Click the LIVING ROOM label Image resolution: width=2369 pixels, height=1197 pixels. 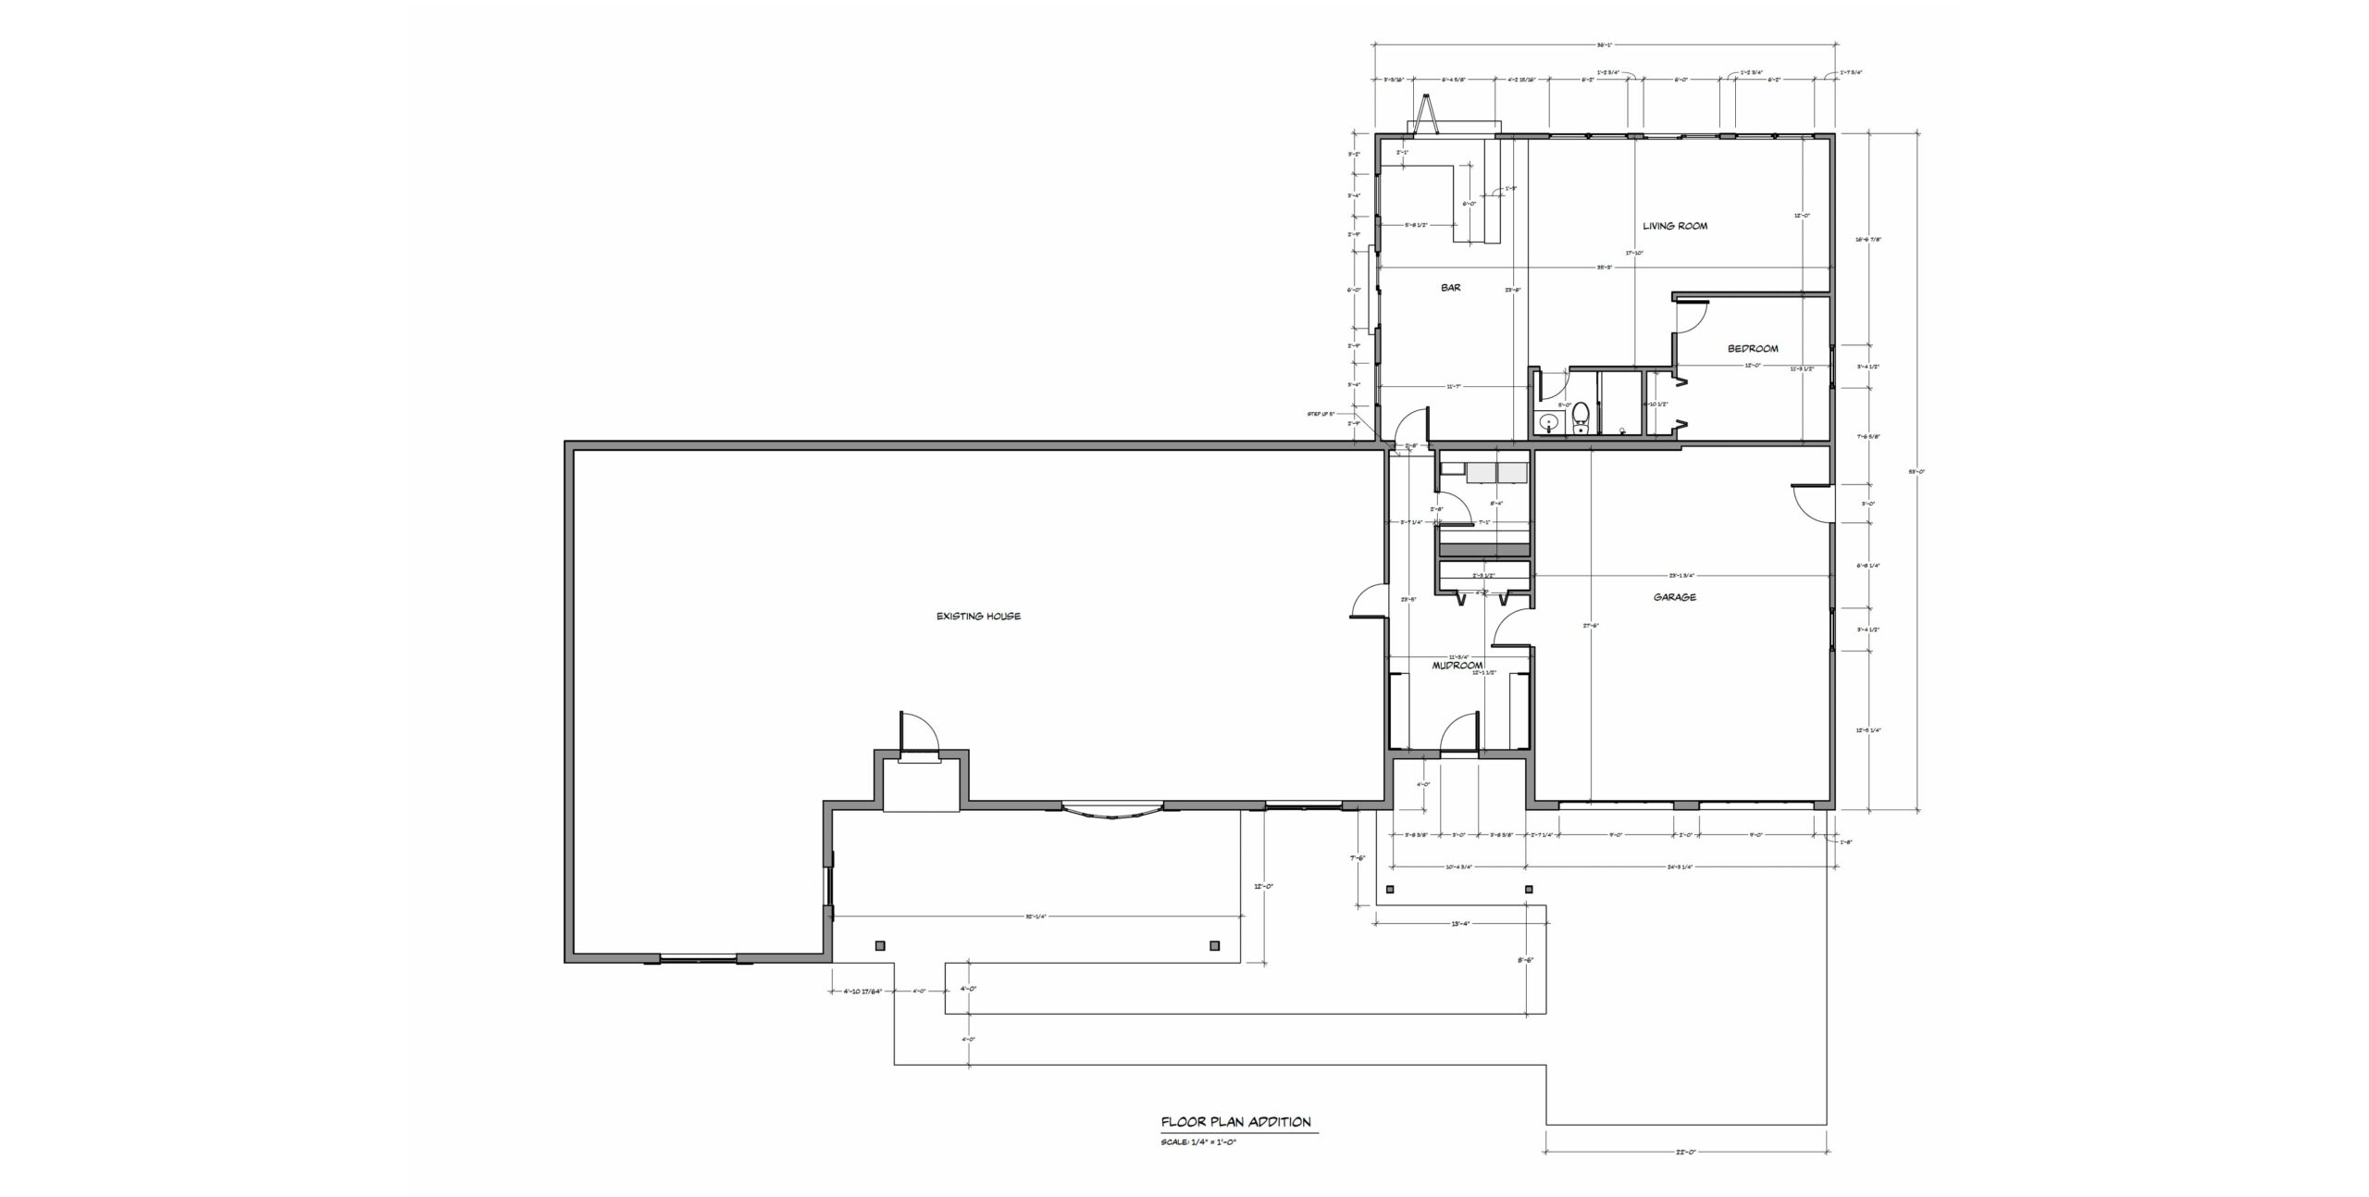(x=1675, y=226)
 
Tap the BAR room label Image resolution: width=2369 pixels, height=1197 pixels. (x=1451, y=288)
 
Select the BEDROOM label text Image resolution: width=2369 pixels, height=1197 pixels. (x=1753, y=349)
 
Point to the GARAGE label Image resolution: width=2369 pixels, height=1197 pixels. (x=1675, y=598)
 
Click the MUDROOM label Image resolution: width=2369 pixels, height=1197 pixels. (x=1457, y=666)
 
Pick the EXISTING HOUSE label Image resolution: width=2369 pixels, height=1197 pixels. (x=978, y=617)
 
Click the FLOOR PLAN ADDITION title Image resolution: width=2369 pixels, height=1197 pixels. (x=1235, y=1122)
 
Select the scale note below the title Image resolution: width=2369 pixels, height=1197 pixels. (x=1198, y=1142)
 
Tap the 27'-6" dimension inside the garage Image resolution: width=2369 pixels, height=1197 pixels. (x=1591, y=626)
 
